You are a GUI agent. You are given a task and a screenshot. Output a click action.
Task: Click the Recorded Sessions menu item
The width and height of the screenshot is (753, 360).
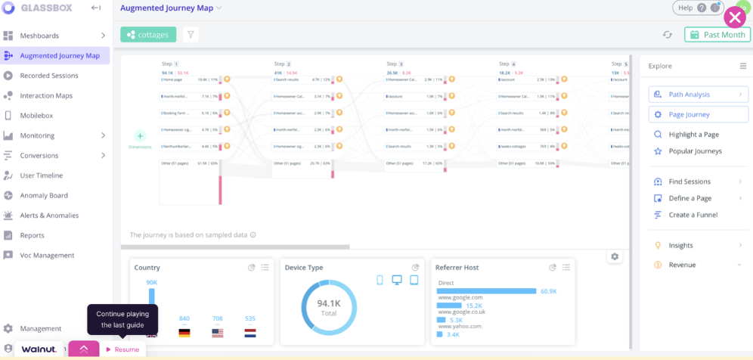pos(48,76)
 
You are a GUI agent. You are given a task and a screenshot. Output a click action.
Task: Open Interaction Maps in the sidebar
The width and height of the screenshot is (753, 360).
pos(45,95)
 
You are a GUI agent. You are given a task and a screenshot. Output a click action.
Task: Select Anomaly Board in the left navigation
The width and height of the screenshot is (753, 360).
pos(43,195)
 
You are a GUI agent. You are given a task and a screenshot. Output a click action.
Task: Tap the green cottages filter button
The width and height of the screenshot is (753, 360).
pos(148,35)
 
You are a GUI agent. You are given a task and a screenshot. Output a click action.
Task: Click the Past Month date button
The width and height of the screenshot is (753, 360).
pos(717,35)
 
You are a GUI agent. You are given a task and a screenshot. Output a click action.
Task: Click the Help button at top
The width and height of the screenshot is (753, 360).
pos(685,8)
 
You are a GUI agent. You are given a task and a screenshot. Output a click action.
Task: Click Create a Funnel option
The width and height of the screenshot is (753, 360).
pos(693,215)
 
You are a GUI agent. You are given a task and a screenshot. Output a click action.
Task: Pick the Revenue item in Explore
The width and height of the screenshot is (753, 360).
pos(682,265)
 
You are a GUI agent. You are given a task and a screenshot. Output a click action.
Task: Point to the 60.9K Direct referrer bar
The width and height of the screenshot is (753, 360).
pos(487,290)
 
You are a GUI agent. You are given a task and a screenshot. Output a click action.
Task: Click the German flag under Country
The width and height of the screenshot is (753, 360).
pos(184,333)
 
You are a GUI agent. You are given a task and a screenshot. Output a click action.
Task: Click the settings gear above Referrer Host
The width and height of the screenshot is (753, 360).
pos(615,256)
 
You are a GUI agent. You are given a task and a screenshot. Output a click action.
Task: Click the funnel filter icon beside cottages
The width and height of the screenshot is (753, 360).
pos(191,35)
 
